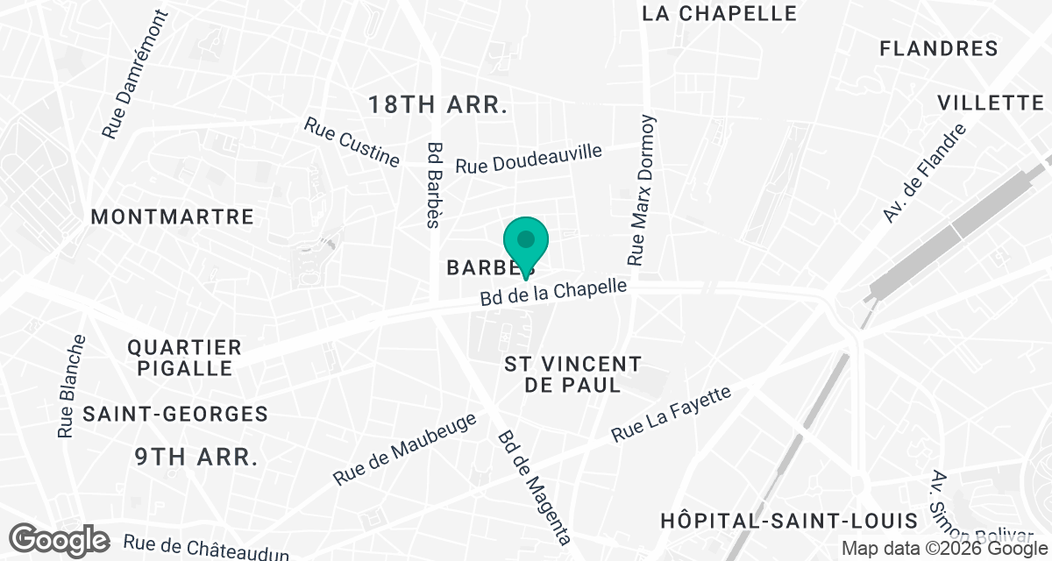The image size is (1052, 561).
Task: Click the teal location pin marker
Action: click(525, 242)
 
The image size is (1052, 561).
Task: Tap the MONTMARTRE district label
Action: click(173, 217)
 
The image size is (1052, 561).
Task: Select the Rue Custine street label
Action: click(352, 142)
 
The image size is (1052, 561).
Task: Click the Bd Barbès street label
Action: click(432, 185)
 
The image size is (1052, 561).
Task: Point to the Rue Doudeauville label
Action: click(529, 159)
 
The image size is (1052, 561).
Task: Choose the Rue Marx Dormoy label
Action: click(642, 189)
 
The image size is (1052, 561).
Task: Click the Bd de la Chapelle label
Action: click(554, 293)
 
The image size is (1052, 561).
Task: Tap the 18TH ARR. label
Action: click(438, 106)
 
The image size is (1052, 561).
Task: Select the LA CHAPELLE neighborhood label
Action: click(720, 13)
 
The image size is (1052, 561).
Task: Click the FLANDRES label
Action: click(939, 48)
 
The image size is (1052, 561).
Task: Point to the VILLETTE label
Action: click(990, 103)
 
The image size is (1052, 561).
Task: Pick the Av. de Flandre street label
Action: click(924, 174)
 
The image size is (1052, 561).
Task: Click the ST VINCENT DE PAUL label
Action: click(573, 374)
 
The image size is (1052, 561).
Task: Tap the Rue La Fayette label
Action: click(671, 415)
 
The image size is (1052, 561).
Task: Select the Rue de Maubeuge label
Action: click(405, 449)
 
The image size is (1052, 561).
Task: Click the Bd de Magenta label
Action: click(534, 487)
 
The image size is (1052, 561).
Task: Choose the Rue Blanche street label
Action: click(71, 386)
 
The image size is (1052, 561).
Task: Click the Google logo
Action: click(60, 539)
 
